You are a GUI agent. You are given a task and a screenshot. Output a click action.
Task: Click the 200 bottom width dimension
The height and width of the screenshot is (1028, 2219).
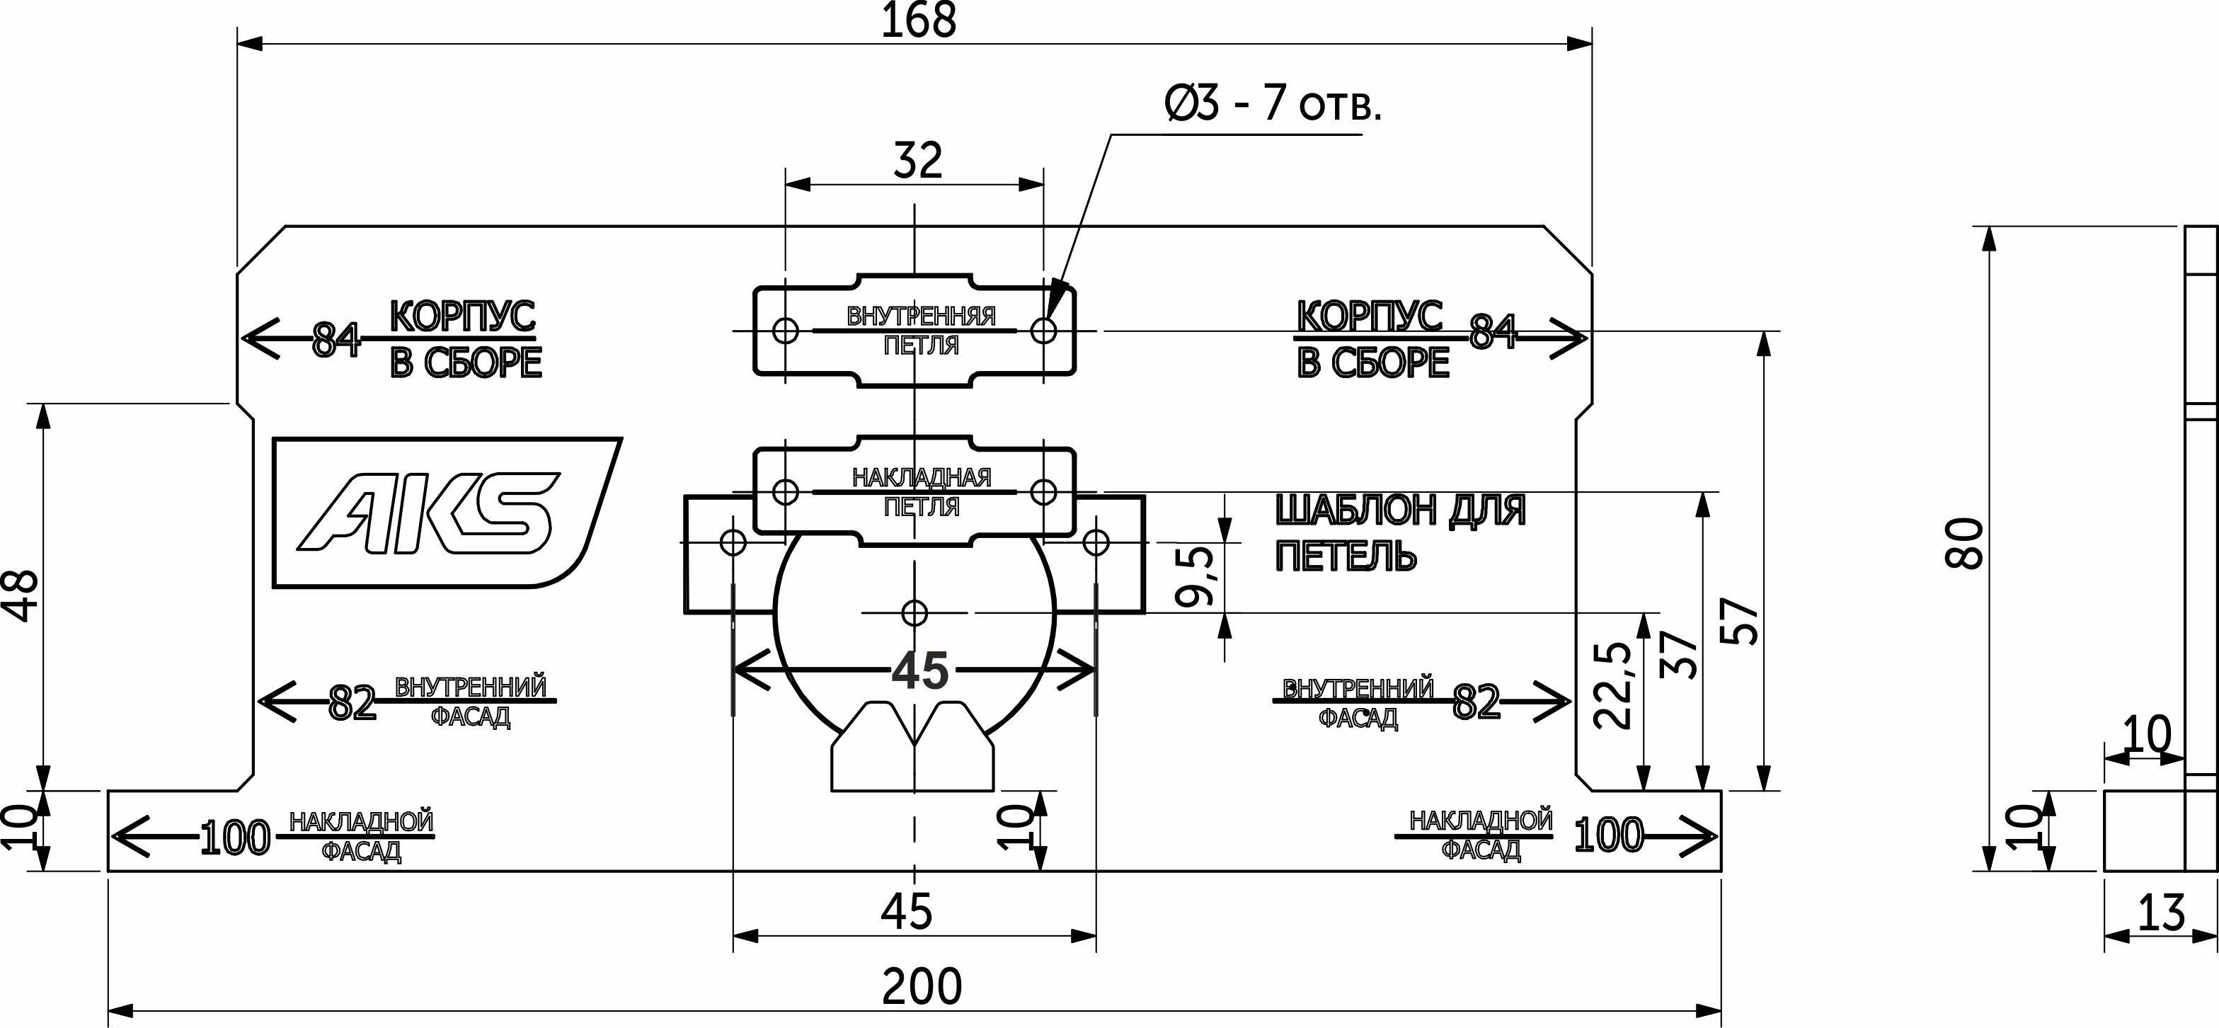[x=921, y=988]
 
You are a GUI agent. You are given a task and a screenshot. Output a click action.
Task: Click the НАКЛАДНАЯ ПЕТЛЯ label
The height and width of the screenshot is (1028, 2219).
[x=921, y=491]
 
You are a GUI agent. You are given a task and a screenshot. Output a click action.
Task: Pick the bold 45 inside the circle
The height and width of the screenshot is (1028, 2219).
[x=920, y=670]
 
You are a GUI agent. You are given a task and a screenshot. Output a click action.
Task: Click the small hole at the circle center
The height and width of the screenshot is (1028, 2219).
[x=914, y=612]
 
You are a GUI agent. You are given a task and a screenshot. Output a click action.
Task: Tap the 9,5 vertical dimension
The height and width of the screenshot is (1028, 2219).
[x=1198, y=576]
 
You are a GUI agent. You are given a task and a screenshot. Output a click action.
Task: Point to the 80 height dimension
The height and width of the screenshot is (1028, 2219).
[x=1966, y=543]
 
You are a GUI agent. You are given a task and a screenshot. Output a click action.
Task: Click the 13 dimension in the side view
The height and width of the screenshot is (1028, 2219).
[x=2161, y=913]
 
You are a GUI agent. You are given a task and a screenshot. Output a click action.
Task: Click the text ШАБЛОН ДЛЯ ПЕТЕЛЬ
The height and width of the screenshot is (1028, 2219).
[x=1400, y=533]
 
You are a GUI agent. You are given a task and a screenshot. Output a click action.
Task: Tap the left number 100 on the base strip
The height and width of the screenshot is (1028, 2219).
[x=234, y=838]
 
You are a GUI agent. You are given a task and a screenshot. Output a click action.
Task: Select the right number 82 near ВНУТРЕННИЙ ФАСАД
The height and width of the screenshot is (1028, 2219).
[x=1476, y=703]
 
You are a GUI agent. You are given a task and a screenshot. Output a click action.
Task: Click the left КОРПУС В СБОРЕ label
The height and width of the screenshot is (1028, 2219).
[x=464, y=340]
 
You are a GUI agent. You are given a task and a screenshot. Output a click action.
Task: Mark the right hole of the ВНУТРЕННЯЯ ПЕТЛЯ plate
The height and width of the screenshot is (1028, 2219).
[x=1044, y=330]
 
